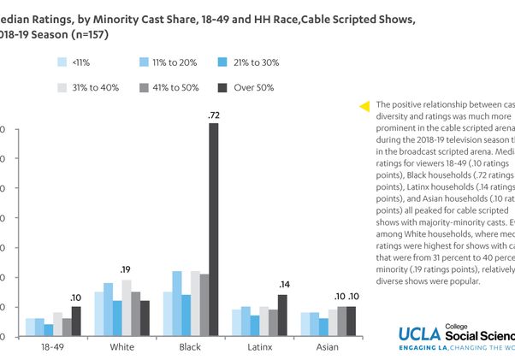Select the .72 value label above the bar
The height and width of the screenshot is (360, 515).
(213, 115)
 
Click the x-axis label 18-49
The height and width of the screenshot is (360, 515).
(50, 347)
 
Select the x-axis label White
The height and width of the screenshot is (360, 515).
(122, 347)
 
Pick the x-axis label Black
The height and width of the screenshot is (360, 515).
(190, 347)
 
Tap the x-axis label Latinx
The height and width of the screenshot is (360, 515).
(260, 347)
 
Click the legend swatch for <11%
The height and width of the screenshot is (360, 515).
(62, 62)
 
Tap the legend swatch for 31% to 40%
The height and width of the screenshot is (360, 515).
(62, 87)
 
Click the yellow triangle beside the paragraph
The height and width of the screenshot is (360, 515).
(364, 106)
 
